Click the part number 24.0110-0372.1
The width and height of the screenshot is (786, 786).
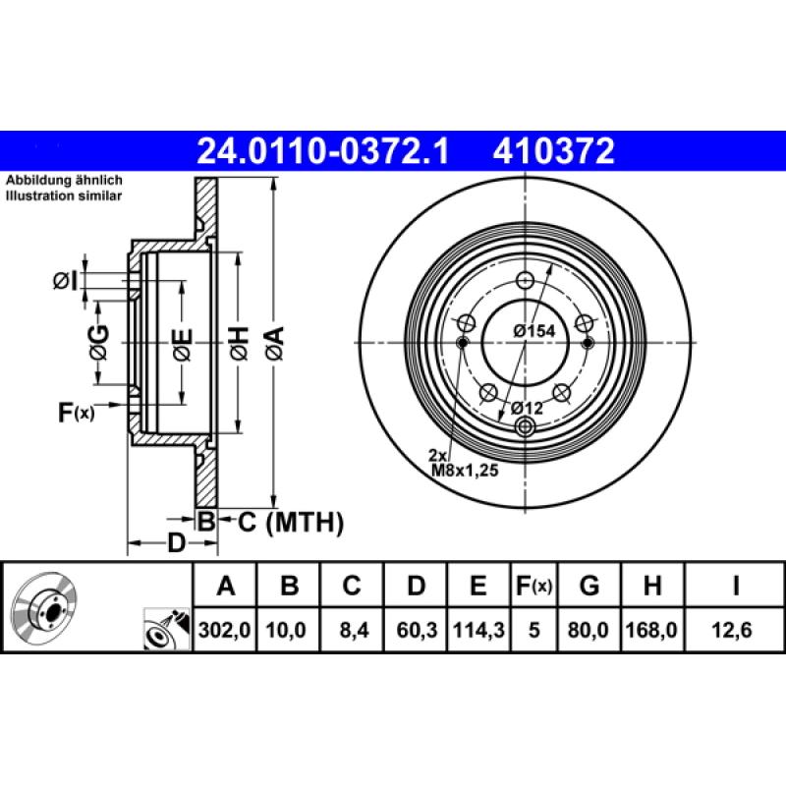(x=323, y=151)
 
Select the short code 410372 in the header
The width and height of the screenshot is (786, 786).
(x=556, y=151)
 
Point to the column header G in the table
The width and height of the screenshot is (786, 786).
(x=589, y=588)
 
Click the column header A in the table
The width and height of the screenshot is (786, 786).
(x=226, y=588)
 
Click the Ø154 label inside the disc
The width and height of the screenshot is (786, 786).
(x=534, y=331)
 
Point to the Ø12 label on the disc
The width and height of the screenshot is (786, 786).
(x=526, y=406)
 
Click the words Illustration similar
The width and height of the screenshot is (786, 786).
(x=65, y=196)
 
